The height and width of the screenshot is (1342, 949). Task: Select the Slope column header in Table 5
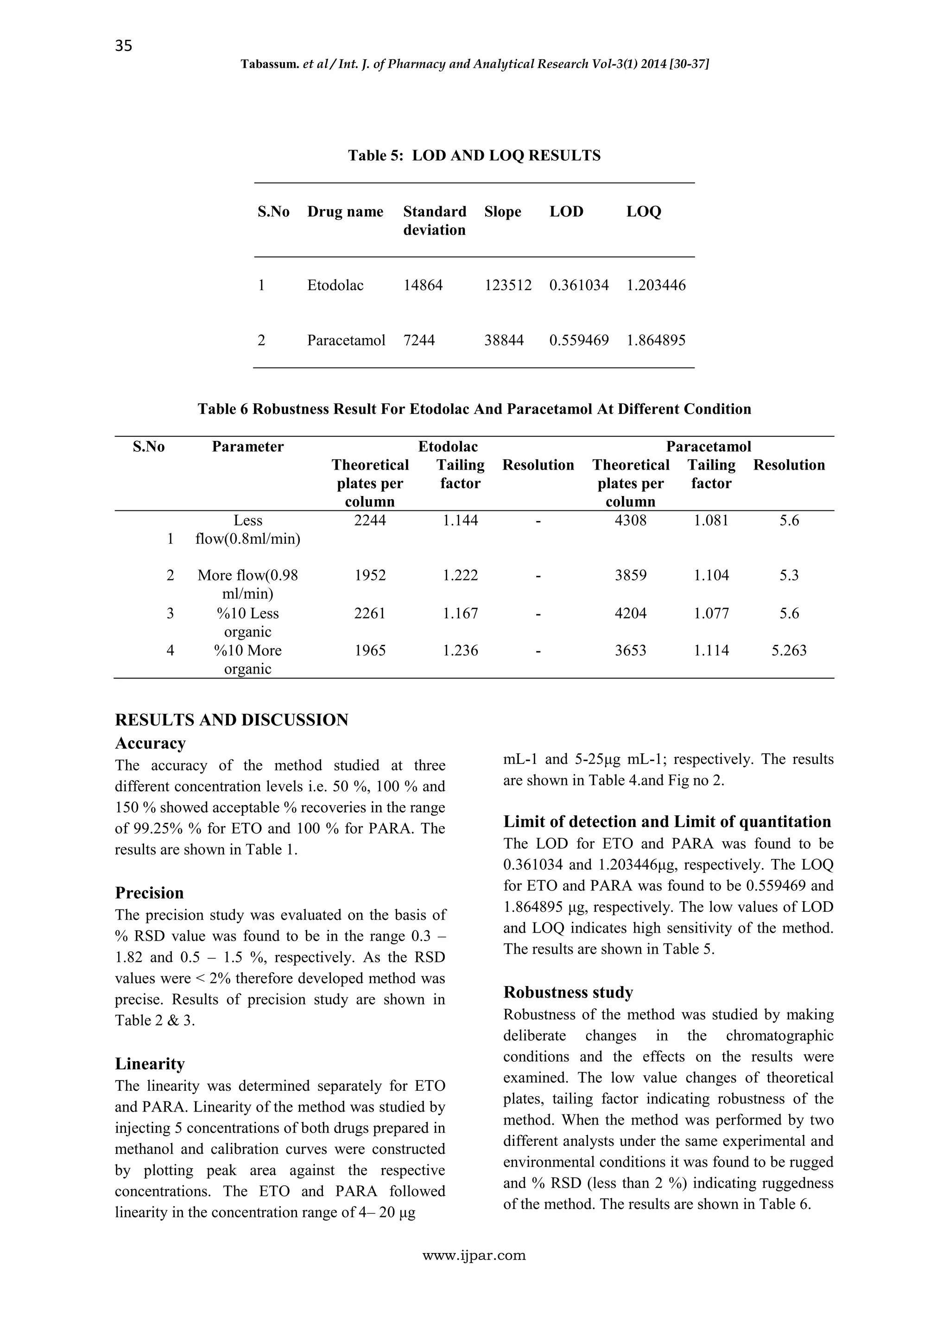click(x=503, y=211)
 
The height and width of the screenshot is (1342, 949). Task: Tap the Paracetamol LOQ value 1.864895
click(x=656, y=340)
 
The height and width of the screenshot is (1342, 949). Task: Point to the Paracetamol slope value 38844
click(x=504, y=340)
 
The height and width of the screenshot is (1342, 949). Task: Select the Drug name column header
click(x=345, y=211)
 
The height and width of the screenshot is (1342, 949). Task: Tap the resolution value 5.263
click(x=789, y=650)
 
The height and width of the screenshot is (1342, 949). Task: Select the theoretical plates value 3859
click(x=631, y=575)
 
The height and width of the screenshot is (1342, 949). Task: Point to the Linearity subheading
click(x=150, y=1063)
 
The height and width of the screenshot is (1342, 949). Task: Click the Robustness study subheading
click(x=568, y=992)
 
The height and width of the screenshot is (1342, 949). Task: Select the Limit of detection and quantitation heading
click(x=667, y=822)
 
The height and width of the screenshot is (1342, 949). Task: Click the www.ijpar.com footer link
click(x=474, y=1255)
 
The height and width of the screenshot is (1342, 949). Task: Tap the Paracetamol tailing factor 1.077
click(x=711, y=613)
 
